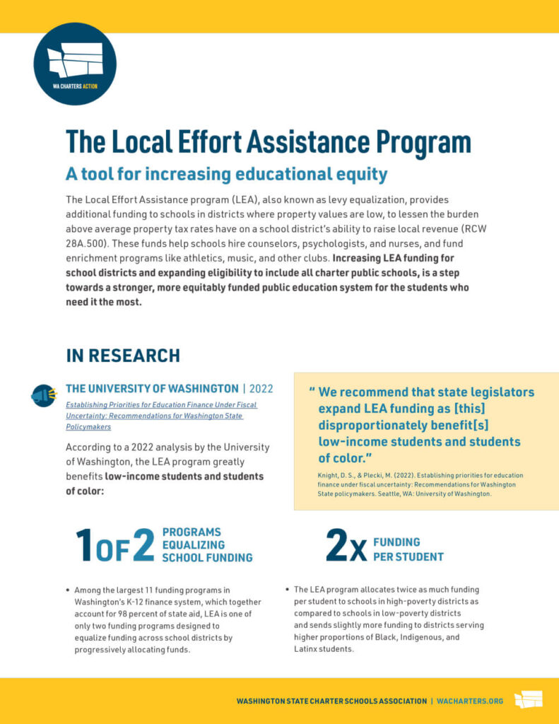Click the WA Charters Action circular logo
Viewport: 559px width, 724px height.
pyautogui.click(x=75, y=64)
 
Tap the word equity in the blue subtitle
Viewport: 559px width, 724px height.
pyautogui.click(x=363, y=173)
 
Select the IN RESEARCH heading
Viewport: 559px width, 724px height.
pyautogui.click(x=123, y=355)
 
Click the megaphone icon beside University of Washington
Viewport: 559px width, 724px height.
pyautogui.click(x=43, y=395)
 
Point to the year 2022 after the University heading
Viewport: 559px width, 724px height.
pyautogui.click(x=262, y=388)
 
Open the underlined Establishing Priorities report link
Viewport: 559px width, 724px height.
pyautogui.click(x=161, y=416)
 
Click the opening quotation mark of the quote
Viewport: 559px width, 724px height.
pyautogui.click(x=312, y=391)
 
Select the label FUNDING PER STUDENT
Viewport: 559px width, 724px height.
pyautogui.click(x=408, y=549)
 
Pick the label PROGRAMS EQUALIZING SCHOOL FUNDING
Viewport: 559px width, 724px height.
pyautogui.click(x=207, y=544)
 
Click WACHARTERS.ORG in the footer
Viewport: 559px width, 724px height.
pyautogui.click(x=470, y=701)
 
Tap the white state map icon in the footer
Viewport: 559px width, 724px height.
pyautogui.click(x=528, y=699)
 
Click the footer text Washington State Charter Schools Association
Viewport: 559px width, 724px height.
pyautogui.click(x=331, y=701)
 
